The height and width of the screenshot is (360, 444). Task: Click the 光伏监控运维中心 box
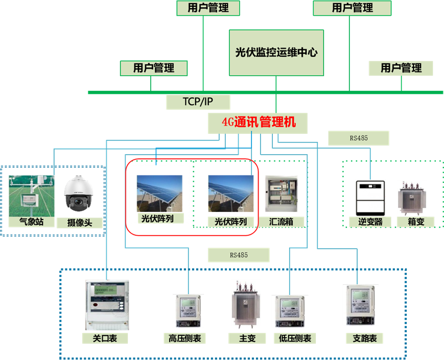[276, 53]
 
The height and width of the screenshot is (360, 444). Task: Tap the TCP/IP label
[198, 102]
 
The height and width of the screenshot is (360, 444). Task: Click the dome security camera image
[79, 195]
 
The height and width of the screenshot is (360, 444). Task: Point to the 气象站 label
[30, 222]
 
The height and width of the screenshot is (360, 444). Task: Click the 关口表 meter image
[107, 304]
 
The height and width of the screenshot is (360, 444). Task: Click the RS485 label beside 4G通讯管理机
[359, 138]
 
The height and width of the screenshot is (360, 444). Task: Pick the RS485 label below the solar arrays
[239, 254]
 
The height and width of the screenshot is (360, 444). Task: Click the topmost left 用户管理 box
[208, 8]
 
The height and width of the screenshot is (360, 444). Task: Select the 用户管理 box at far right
[401, 68]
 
